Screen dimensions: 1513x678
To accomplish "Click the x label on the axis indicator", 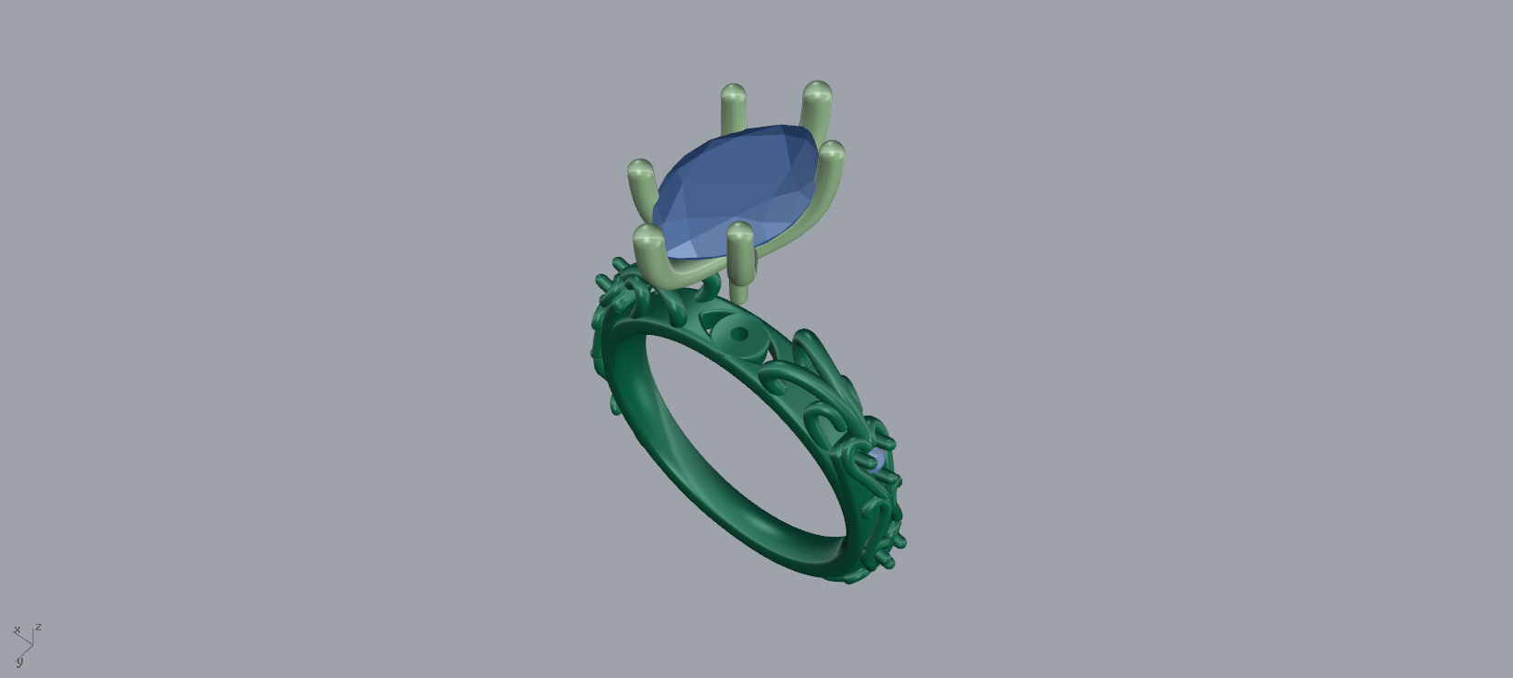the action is pos(17,629).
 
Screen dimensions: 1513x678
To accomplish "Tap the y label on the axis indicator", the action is pos(19,661).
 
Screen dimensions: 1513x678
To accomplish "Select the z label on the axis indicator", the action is pos(39,628).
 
